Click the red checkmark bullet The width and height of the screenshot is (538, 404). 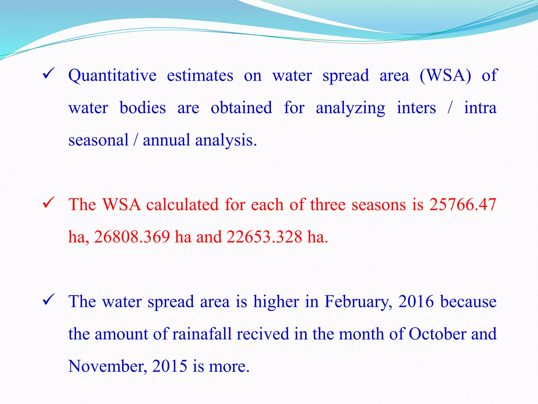48,203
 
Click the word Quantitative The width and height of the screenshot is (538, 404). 112,76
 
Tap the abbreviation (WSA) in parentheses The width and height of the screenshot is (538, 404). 445,76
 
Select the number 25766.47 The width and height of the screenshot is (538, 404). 463,204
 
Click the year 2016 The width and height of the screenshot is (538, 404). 416,301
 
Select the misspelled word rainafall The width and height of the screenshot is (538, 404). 202,334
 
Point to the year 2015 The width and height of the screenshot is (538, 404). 169,366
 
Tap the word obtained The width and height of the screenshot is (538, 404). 241,108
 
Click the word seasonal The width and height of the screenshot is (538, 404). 98,140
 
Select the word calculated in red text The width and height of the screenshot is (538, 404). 182,204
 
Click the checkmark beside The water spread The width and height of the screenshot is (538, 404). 48,300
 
